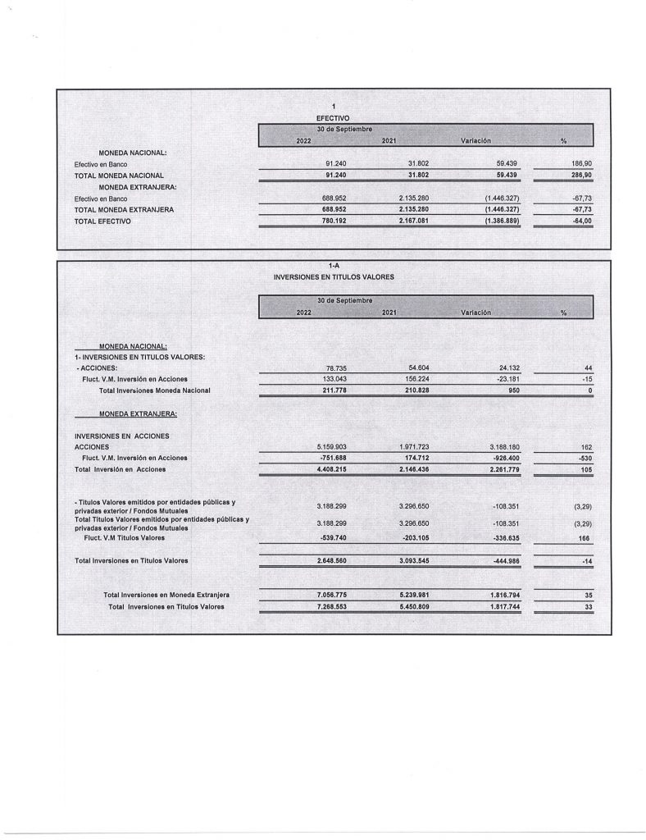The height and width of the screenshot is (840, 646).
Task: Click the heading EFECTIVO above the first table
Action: pyautogui.click(x=333, y=118)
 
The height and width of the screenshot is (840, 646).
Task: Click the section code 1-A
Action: pyautogui.click(x=333, y=266)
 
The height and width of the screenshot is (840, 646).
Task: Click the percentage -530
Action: pyautogui.click(x=583, y=458)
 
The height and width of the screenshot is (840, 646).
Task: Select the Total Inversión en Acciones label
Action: pyautogui.click(x=120, y=469)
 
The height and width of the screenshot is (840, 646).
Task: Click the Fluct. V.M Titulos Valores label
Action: pyautogui.click(x=124, y=538)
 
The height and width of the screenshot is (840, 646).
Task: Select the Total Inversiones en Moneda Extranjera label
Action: pyautogui.click(x=166, y=595)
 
